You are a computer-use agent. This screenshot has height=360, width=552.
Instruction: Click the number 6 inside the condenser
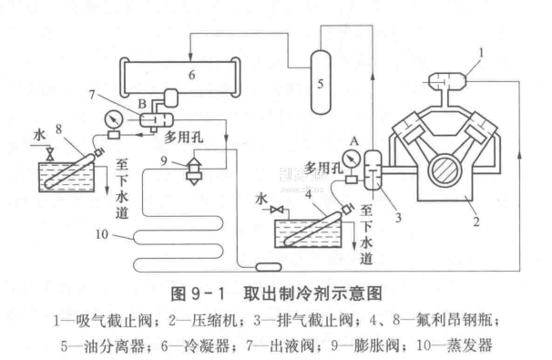click(191, 75)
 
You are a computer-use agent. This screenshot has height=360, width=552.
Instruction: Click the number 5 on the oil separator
click(321, 84)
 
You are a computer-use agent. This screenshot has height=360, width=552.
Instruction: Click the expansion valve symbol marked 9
click(194, 170)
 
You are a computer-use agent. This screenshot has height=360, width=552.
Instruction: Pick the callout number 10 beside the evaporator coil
click(102, 234)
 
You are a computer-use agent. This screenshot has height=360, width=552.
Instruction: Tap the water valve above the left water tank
click(50, 154)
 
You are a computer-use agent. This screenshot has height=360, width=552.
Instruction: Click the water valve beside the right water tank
click(277, 211)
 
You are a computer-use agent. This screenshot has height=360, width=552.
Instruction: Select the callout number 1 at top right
click(481, 53)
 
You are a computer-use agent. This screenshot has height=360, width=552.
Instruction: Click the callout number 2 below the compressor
click(476, 221)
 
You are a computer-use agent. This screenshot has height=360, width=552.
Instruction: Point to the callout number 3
click(398, 218)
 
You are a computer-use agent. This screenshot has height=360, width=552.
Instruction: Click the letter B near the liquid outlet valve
click(142, 104)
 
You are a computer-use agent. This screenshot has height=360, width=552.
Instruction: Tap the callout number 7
click(92, 95)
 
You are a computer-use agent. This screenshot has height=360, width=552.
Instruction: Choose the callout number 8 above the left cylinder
click(58, 129)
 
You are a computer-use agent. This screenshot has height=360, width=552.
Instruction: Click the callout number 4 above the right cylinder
click(309, 193)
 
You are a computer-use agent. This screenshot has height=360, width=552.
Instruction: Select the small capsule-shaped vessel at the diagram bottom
click(269, 267)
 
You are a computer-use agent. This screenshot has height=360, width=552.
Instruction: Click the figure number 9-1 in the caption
click(208, 294)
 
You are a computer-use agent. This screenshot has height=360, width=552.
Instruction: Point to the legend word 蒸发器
click(469, 345)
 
